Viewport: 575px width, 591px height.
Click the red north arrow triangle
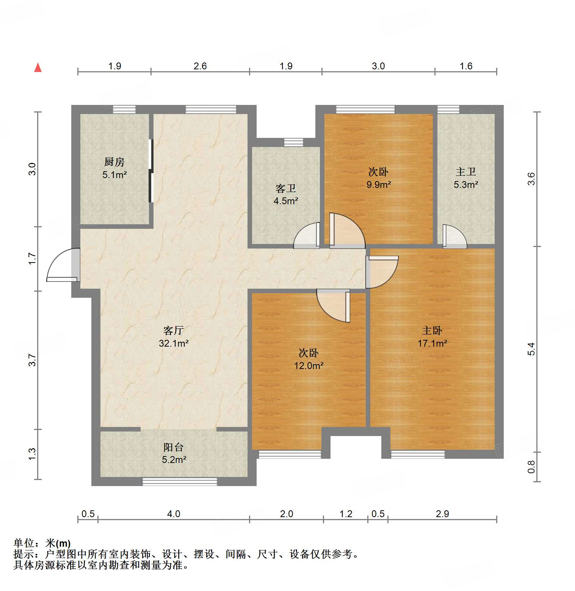(x=38, y=68)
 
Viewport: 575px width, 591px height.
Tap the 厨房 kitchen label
(x=114, y=162)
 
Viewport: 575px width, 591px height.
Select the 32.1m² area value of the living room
(x=174, y=343)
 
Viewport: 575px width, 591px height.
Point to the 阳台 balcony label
(x=174, y=447)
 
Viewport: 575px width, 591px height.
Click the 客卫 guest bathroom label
(x=285, y=188)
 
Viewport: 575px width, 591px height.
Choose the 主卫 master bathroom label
(x=465, y=172)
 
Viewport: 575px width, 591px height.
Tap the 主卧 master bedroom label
(x=432, y=331)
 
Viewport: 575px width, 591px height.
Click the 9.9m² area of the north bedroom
(x=378, y=184)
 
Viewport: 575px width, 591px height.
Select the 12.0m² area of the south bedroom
(x=309, y=366)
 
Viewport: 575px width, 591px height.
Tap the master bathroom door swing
(x=454, y=237)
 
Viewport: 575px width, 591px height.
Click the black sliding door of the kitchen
(x=150, y=171)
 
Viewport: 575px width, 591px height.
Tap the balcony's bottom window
(x=180, y=482)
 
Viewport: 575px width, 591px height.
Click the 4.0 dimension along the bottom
(x=174, y=514)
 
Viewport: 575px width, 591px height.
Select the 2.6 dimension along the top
(x=200, y=66)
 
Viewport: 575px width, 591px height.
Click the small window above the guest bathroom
(x=294, y=142)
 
